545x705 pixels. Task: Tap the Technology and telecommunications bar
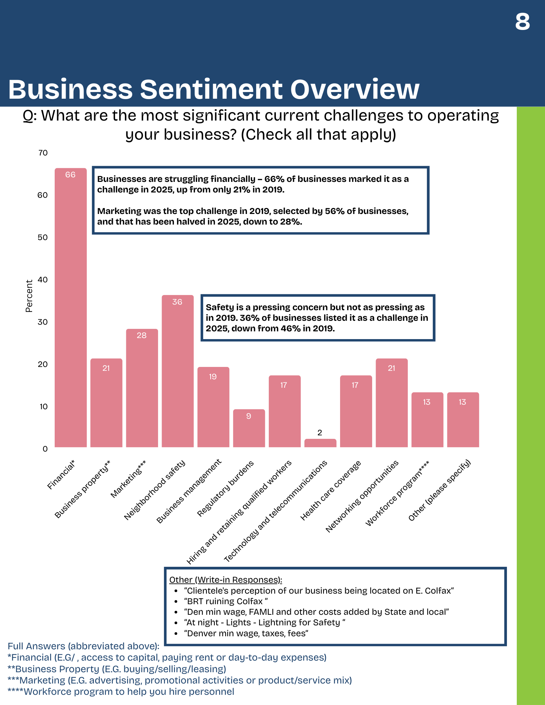coord(320,443)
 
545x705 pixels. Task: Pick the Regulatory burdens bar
coord(249,428)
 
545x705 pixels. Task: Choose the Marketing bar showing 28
coord(142,388)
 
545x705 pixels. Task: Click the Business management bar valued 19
coord(213,407)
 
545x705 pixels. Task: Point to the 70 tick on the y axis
coord(43,153)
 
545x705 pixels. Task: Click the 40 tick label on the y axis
coord(43,280)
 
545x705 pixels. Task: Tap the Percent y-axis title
coord(29,296)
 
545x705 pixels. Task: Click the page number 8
coord(522,22)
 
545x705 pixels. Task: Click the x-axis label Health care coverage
coord(331,490)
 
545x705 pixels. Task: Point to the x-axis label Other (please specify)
coord(440,490)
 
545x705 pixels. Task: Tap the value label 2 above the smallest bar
coord(320,433)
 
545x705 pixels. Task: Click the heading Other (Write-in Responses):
coord(225,580)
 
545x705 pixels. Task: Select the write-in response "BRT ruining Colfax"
coord(226,601)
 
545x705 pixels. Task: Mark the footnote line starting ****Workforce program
coord(121,692)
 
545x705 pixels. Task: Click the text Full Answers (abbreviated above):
coord(84,646)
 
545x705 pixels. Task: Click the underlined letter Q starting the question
coord(28,116)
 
